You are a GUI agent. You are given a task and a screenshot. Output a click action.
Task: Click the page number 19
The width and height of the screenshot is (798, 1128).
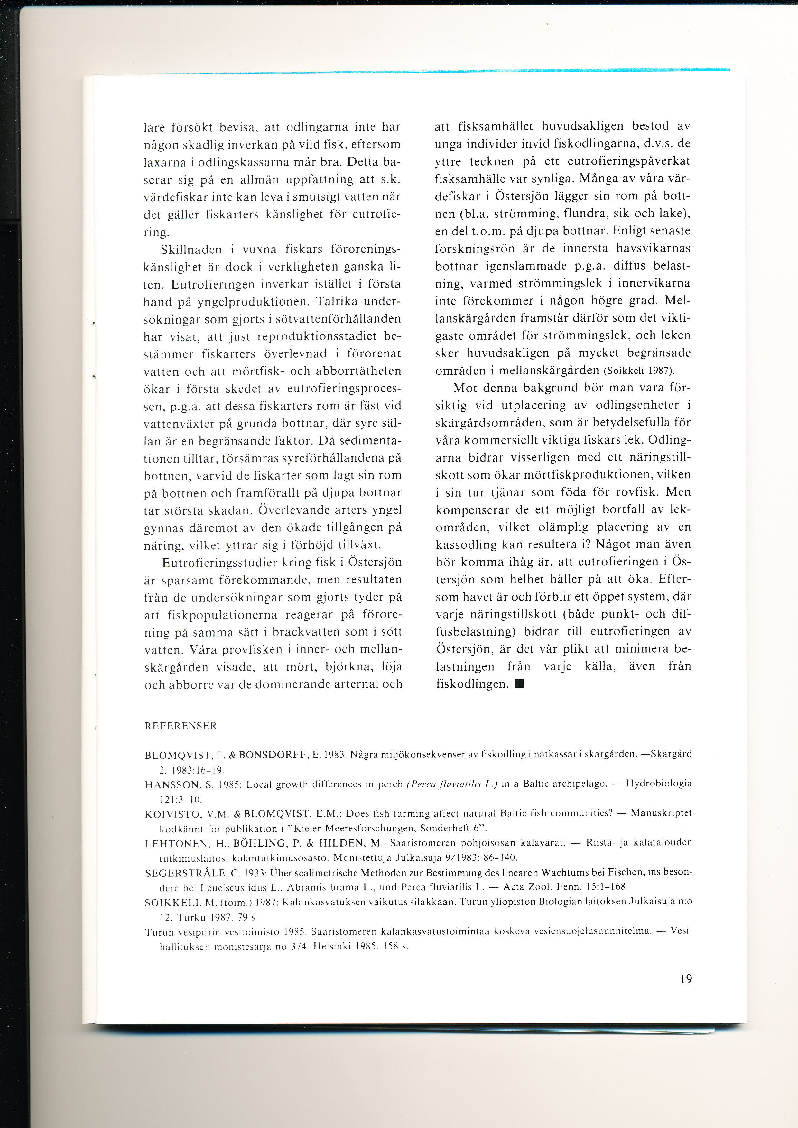click(x=686, y=979)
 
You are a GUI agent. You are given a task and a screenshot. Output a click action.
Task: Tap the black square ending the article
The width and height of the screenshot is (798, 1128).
click(x=519, y=683)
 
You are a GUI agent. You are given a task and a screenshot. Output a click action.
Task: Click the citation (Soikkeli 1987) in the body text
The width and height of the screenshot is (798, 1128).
click(x=639, y=371)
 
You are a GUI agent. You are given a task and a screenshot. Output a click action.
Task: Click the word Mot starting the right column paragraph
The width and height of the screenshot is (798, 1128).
click(x=465, y=388)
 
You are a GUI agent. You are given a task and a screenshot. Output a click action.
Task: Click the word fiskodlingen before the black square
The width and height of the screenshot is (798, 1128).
click(x=472, y=684)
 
